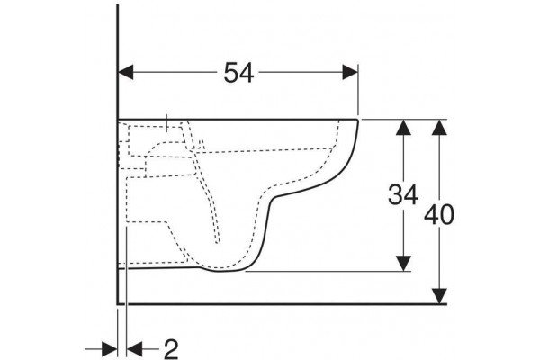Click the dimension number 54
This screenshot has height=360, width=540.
pyautogui.click(x=238, y=73)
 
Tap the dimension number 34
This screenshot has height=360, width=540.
pyautogui.click(x=403, y=194)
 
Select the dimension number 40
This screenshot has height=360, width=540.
pyautogui.click(x=439, y=215)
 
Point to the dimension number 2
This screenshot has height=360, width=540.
pyautogui.click(x=171, y=350)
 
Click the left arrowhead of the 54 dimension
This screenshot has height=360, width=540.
pyautogui.click(x=126, y=72)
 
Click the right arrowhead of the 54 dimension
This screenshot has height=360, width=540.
pyautogui.click(x=350, y=72)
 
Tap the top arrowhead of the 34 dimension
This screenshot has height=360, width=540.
pyautogui.click(x=403, y=127)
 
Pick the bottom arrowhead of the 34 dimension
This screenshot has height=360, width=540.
pyautogui.click(x=403, y=264)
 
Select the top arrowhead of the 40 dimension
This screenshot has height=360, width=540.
pyautogui.click(x=439, y=127)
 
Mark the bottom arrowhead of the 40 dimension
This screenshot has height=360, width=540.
pyautogui.click(x=439, y=296)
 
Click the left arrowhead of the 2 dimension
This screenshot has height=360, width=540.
pyautogui.click(x=110, y=349)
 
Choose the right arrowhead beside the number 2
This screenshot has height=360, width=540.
pyautogui.click(x=135, y=349)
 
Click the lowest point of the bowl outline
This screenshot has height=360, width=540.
pyautogui.click(x=224, y=272)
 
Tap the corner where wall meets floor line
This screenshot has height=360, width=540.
pyautogui.click(x=118, y=304)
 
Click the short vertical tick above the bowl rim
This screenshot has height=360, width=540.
pyautogui.click(x=166, y=122)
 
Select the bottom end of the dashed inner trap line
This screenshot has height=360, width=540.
pyautogui.click(x=218, y=243)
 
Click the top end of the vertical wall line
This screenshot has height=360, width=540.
pyautogui.click(x=118, y=4)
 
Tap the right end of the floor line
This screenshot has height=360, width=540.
pyautogui.click(x=446, y=304)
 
